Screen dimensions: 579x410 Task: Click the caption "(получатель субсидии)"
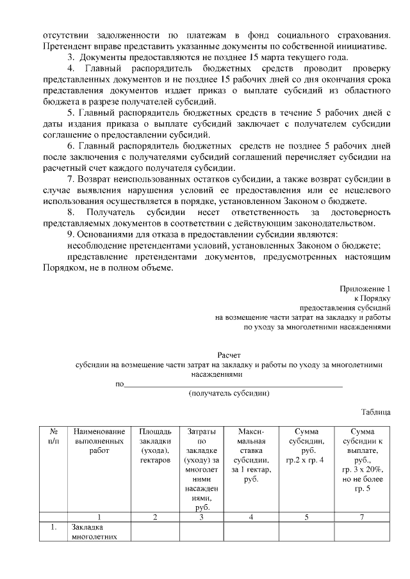pyautogui.click(x=229, y=393)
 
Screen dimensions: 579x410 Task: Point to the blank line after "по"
pyautogui.click(x=233, y=385)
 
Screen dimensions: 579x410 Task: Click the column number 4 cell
pyautogui.click(x=250, y=516)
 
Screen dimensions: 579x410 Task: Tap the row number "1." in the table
pyautogui.click(x=54, y=528)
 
